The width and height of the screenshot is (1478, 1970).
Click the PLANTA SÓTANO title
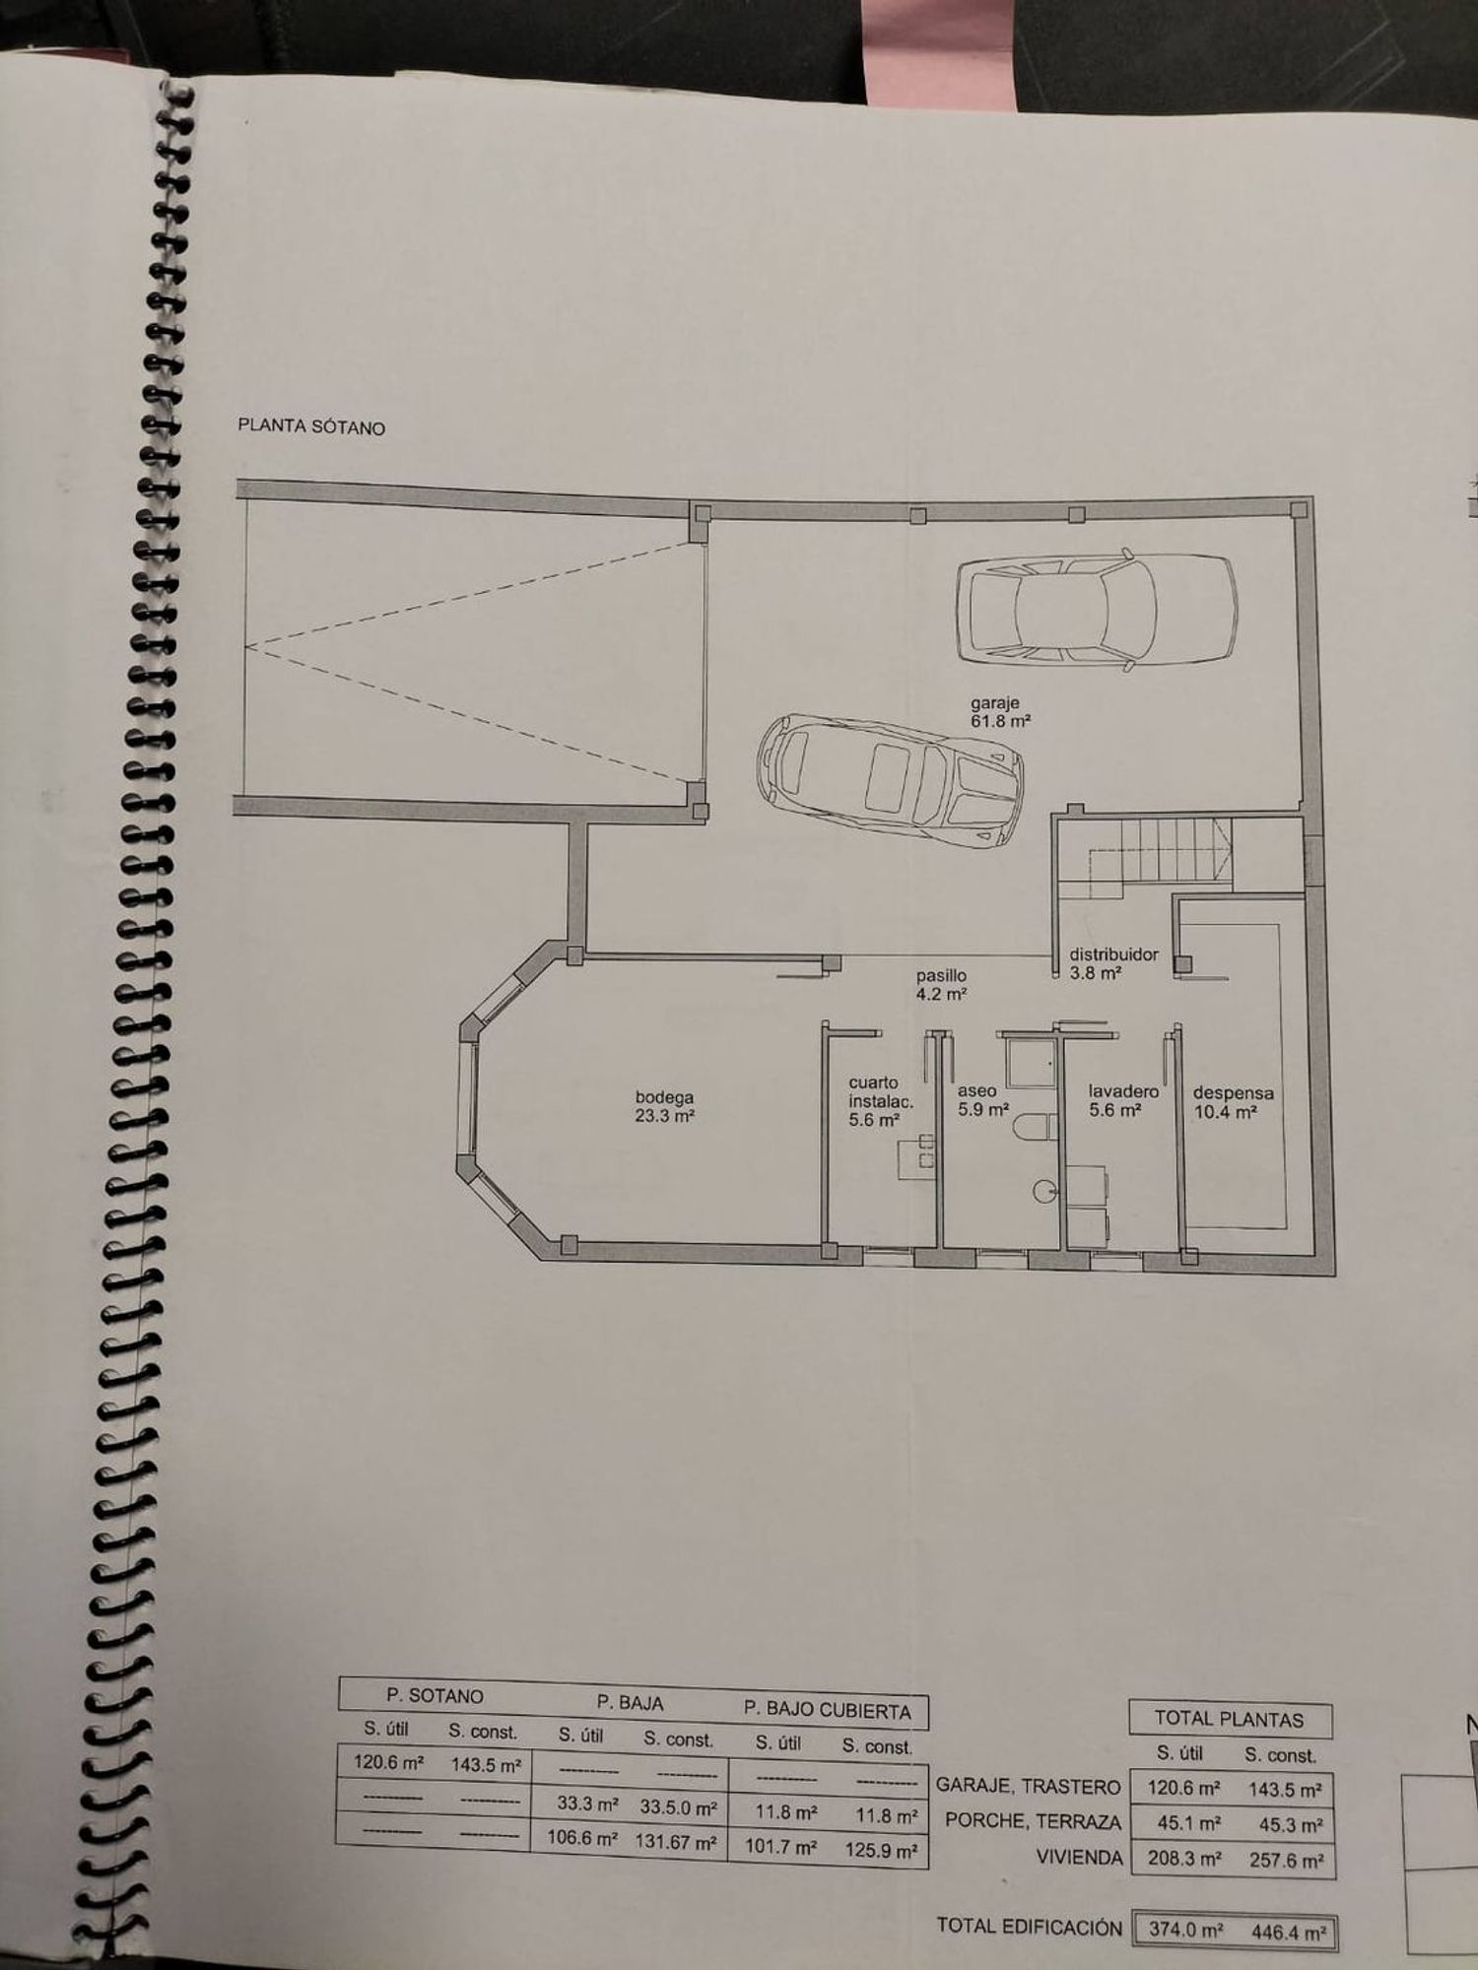pyautogui.click(x=311, y=427)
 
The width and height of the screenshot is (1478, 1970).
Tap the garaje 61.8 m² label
pyautogui.click(x=1001, y=712)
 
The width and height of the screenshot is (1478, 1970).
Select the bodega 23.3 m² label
pyautogui.click(x=665, y=1106)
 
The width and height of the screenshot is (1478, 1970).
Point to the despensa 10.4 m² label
pyautogui.click(x=1233, y=1102)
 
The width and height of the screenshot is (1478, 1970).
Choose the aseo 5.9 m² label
pyautogui.click(x=983, y=1100)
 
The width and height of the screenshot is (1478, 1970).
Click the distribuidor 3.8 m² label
pyautogui.click(x=1114, y=963)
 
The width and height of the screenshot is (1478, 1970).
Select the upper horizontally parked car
pyautogui.click(x=1096, y=610)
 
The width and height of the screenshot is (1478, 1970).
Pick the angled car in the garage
pyautogui.click(x=890, y=778)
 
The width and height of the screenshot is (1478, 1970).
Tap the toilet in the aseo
pyautogui.click(x=1035, y=1127)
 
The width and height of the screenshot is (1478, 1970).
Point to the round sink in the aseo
pyautogui.click(x=1045, y=1192)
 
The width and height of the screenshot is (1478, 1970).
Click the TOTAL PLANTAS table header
pyautogui.click(x=1229, y=1719)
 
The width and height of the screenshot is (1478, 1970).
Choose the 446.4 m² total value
pyautogui.click(x=1288, y=1932)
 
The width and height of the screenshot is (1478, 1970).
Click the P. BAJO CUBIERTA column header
pyautogui.click(x=828, y=1710)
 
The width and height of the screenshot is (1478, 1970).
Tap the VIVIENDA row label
pyautogui.click(x=1080, y=1857)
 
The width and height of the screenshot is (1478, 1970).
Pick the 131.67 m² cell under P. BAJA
pyautogui.click(x=675, y=1840)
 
